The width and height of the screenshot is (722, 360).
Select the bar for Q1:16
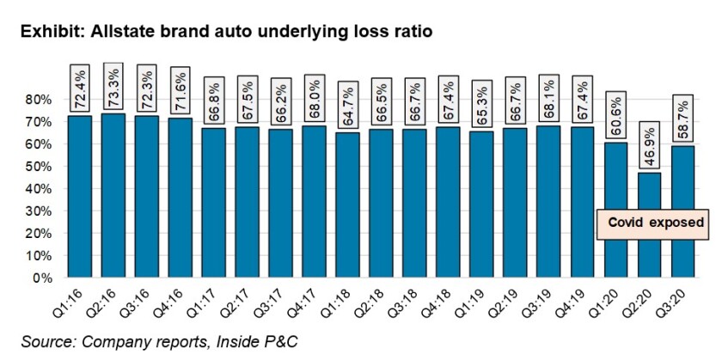click(x=80, y=197)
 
